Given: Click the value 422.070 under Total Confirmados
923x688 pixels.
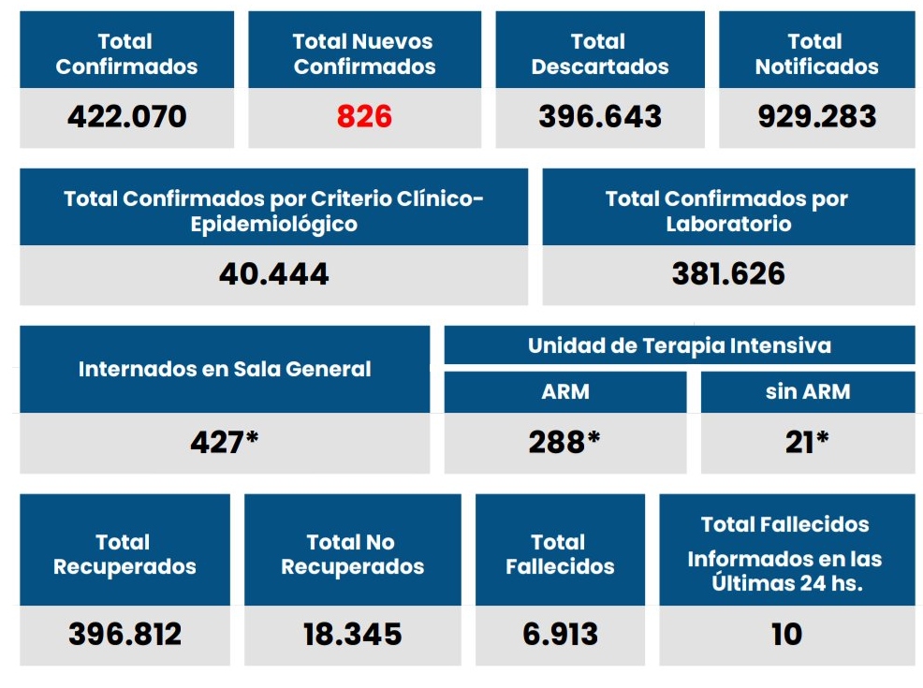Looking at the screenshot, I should tap(126, 117).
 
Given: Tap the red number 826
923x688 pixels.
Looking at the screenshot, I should tap(364, 117).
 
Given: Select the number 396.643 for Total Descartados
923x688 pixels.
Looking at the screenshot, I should tap(600, 117).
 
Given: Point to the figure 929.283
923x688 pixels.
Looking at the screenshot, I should tap(816, 117).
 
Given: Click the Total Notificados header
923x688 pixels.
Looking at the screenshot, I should tap(816, 53).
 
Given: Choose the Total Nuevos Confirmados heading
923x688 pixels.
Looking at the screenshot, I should tap(364, 53).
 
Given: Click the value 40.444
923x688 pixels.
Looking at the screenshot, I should tap(273, 273).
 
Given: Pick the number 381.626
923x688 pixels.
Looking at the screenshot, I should tap(728, 273).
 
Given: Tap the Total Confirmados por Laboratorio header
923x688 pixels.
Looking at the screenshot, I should tap(728, 211).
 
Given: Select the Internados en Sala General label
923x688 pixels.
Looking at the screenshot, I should tap(225, 369).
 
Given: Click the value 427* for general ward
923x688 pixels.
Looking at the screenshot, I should tap(225, 441).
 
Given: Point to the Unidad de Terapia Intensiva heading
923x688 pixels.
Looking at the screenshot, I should tap(679, 345).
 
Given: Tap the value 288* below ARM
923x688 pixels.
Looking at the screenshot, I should tap(564, 441).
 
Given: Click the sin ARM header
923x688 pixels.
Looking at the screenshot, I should tap(807, 391).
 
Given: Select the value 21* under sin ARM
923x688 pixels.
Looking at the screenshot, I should tap(807, 441).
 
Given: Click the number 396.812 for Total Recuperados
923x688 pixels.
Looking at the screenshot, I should tap(125, 634).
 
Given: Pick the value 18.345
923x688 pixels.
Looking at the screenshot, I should tap(352, 634).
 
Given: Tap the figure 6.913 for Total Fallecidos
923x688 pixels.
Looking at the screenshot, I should tap(560, 634).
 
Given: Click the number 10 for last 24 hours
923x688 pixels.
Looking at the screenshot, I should tap(786, 634).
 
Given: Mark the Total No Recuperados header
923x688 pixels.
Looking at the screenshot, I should tap(352, 554).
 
